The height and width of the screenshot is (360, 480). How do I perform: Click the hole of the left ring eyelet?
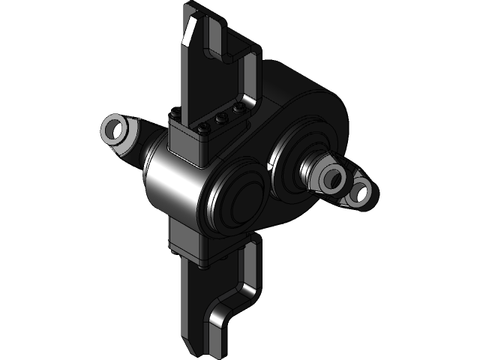115,130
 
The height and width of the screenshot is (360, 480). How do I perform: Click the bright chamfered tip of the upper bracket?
190,30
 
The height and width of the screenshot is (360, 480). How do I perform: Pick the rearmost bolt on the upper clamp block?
238,109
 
